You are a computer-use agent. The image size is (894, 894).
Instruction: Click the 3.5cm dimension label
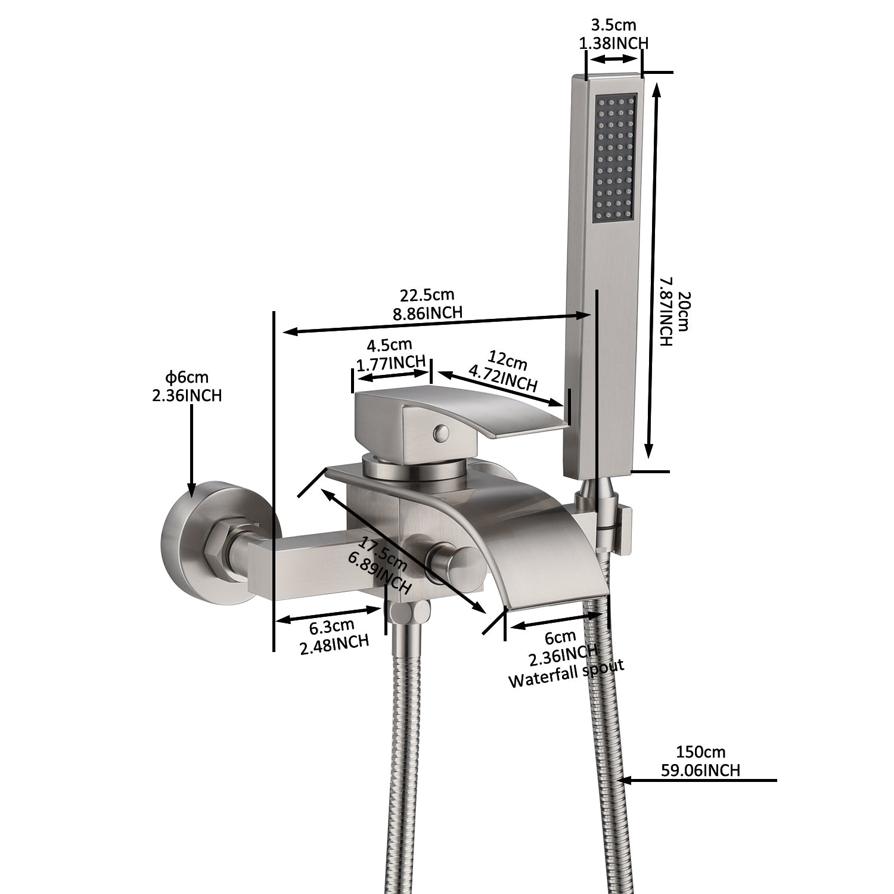coord(613,25)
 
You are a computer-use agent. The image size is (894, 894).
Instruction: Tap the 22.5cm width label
coord(427,295)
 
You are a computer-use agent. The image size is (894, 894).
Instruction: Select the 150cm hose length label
coord(700,753)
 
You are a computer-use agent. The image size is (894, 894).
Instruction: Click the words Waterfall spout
coord(566,673)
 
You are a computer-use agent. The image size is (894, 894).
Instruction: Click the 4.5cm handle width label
coord(390,344)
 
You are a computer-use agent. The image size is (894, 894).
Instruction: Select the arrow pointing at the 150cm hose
coord(697,779)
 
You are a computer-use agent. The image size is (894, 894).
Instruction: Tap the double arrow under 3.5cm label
coord(614,59)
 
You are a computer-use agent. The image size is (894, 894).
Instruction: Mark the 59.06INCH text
coord(700,770)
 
